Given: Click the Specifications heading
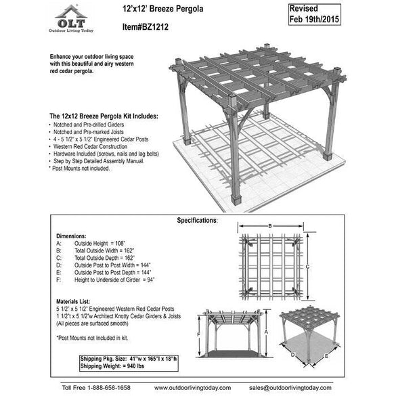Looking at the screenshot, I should [x=197, y=221].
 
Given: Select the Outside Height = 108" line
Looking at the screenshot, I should [x=102, y=242].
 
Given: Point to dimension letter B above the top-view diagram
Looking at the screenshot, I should [x=269, y=226].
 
